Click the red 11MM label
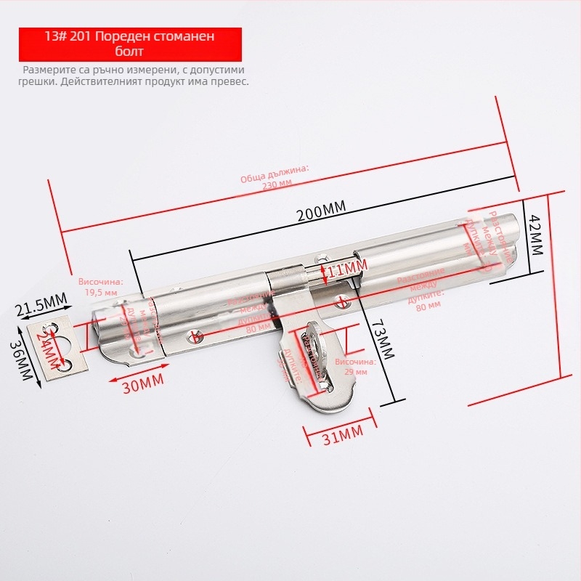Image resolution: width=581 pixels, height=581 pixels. coord(346,272)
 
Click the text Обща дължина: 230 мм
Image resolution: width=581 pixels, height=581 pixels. coord(276,177)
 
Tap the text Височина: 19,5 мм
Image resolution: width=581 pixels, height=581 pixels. coord(101,286)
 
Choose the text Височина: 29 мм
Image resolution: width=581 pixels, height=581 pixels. coord(355,366)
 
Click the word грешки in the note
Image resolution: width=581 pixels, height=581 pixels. coord(37,82)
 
